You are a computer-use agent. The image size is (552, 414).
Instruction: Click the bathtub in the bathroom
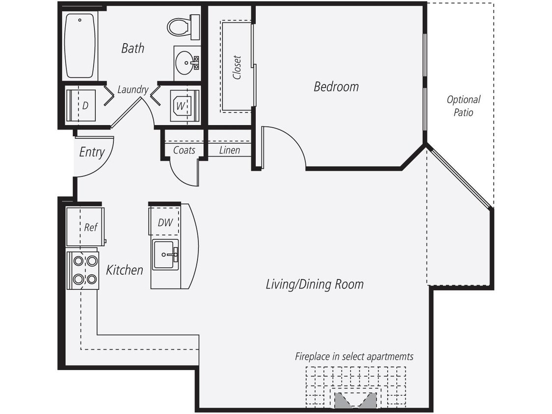79,45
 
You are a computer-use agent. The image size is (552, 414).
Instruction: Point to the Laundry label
132,90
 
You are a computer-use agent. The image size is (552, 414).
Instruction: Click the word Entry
92,152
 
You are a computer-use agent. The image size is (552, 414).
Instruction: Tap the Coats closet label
184,150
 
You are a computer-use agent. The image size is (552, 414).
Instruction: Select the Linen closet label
229,150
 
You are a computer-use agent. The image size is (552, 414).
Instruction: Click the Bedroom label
336,87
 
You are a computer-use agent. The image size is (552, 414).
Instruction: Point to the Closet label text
237,67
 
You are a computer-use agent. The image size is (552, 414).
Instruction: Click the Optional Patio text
463,106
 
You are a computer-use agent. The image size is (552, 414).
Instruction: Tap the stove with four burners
83,270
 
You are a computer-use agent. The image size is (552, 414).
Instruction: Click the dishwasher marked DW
165,222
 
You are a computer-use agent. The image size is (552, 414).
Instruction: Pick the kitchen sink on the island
165,255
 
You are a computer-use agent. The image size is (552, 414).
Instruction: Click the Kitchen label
125,270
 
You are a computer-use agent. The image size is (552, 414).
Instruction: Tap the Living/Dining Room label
315,284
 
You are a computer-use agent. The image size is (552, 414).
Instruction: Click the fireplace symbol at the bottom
356,399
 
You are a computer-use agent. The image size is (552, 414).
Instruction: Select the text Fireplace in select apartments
354,357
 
